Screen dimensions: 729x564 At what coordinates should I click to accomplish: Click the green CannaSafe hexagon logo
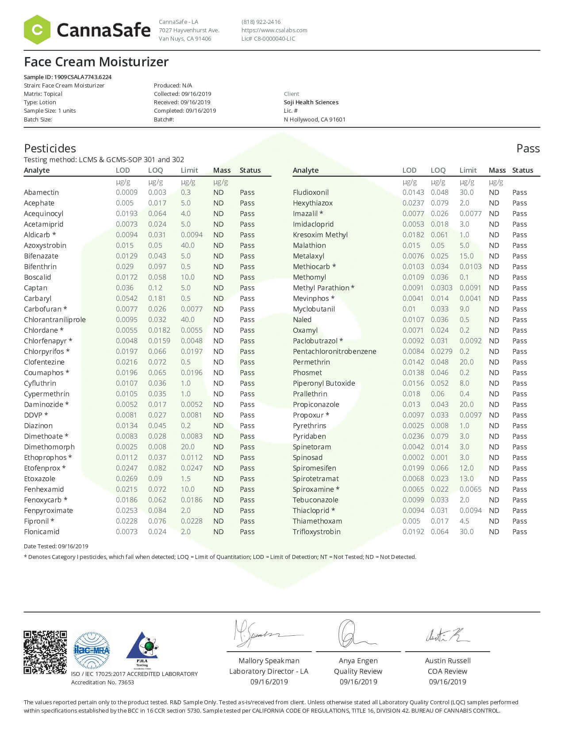pyautogui.click(x=37, y=30)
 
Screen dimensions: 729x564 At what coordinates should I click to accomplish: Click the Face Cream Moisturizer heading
pyautogui.click(x=96, y=62)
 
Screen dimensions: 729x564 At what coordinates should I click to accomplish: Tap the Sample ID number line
pyautogui.click(x=68, y=77)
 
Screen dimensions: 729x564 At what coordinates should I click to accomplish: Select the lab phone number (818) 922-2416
pyautogui.click(x=261, y=22)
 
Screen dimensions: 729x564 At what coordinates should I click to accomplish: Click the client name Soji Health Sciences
pyautogui.click(x=311, y=102)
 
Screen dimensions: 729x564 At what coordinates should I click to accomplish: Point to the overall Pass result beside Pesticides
pyautogui.click(x=528, y=148)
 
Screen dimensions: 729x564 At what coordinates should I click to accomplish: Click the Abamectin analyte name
pyautogui.click(x=41, y=192)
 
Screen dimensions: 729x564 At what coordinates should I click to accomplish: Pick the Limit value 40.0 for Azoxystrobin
pyautogui.click(x=188, y=245)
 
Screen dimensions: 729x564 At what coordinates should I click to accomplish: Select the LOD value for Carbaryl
pyautogui.click(x=127, y=298)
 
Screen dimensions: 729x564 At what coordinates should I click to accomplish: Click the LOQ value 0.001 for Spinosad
pyautogui.click(x=440, y=457)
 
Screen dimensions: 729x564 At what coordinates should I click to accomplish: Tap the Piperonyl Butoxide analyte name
pyautogui.click(x=324, y=383)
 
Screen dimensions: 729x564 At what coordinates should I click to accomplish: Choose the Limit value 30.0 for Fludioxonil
pyautogui.click(x=466, y=192)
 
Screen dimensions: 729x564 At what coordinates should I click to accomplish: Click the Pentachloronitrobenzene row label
pyautogui.click(x=334, y=351)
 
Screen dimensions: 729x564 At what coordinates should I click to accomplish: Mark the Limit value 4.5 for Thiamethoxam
pyautogui.click(x=464, y=521)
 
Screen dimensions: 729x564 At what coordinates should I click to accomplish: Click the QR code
pyautogui.click(x=45, y=652)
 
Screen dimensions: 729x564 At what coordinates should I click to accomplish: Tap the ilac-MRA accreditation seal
pyautogui.click(x=92, y=650)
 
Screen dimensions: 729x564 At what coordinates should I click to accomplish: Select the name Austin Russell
pyautogui.click(x=448, y=661)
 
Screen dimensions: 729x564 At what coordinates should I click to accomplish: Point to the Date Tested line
pyautogui.click(x=56, y=546)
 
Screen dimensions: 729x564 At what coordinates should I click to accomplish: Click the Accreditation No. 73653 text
pyautogui.click(x=103, y=682)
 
